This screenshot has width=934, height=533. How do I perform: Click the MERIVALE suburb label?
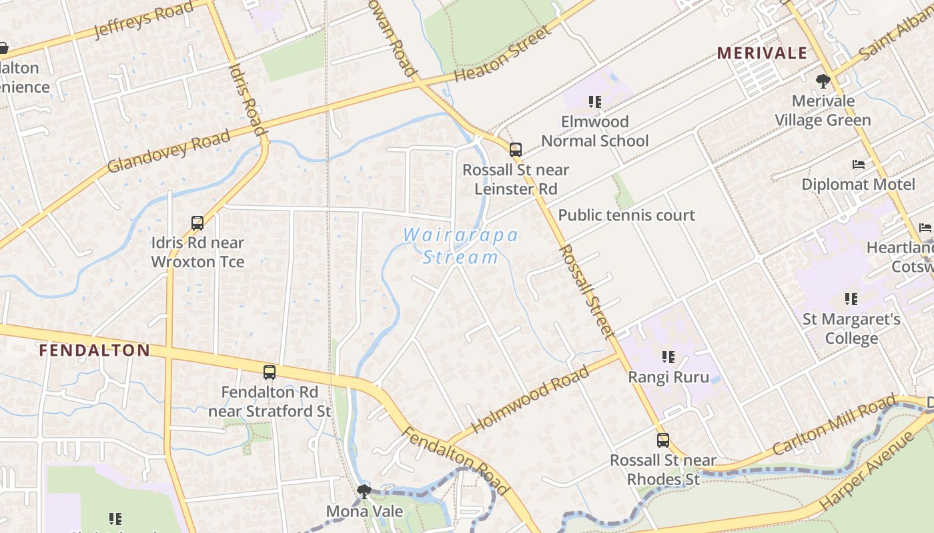762,53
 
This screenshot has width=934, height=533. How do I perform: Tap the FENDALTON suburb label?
94,350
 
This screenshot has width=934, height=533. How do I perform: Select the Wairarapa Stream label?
461,246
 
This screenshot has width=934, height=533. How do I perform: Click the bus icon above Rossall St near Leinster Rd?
516,150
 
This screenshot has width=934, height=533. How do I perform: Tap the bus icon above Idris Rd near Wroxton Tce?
197,223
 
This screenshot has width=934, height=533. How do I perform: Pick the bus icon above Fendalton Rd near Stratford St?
270,372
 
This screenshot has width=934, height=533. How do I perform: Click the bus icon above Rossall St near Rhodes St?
662,440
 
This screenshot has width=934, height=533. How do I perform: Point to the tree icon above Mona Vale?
364,492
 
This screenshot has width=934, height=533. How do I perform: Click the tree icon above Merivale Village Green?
823,81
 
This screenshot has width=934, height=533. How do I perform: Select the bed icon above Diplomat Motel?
859,165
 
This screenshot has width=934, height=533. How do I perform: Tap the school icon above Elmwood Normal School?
595,102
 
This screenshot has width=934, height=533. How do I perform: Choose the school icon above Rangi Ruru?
668,358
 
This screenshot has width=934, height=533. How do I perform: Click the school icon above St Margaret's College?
851,299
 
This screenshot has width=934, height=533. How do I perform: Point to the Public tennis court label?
626,215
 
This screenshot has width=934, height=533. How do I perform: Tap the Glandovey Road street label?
169,152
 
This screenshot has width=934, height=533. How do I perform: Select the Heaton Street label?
504,53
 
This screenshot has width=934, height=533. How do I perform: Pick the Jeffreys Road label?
143,20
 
